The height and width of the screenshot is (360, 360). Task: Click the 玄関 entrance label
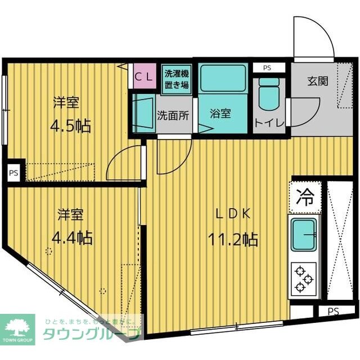pyautogui.click(x=317, y=80)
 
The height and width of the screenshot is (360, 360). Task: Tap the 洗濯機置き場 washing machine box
pyautogui.click(x=176, y=80)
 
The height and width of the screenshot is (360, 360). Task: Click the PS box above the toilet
pyautogui.click(x=267, y=67)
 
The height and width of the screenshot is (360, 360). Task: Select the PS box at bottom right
pyautogui.click(x=333, y=311)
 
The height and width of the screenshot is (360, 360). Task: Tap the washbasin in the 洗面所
pyautogui.click(x=145, y=113)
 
